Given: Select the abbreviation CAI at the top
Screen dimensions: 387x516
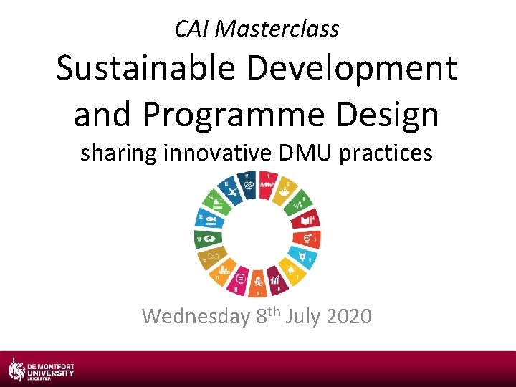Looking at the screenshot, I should (x=192, y=29).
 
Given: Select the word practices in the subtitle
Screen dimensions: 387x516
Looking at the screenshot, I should (x=388, y=153).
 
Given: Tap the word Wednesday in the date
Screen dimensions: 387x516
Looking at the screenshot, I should (x=196, y=315).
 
